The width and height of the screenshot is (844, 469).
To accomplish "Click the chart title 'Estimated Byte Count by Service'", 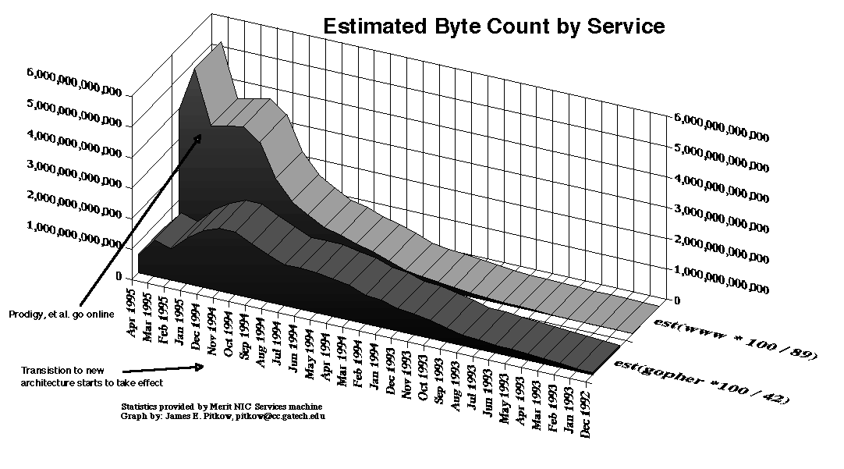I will [x=494, y=26].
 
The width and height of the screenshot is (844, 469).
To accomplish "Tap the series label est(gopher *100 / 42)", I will [x=700, y=381].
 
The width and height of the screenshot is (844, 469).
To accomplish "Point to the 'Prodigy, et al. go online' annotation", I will [x=62, y=314].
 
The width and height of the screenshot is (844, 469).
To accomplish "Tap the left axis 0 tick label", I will [x=118, y=276].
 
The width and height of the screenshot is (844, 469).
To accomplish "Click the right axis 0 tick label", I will [x=676, y=300].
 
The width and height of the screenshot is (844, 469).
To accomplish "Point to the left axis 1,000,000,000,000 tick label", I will [x=74, y=234].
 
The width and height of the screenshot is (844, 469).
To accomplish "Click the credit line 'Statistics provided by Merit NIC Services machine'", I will [x=222, y=407].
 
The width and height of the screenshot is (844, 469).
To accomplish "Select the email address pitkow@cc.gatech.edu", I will [x=287, y=417].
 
